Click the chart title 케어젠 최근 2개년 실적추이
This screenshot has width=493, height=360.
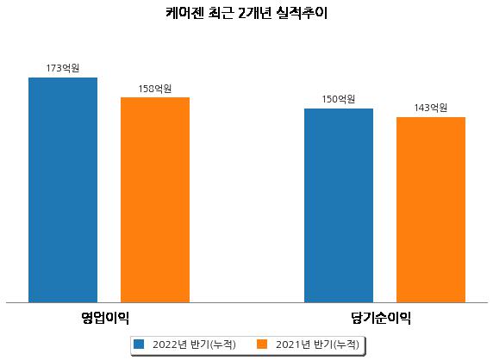tap(246, 13)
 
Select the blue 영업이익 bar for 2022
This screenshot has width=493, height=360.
tap(63, 190)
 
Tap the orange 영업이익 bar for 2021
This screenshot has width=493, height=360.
tap(155, 200)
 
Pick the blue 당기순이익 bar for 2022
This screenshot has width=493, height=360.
tap(339, 206)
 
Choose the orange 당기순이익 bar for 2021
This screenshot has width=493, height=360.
tap(431, 210)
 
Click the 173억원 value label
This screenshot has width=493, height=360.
tap(63, 68)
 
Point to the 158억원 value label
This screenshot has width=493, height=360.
tap(155, 89)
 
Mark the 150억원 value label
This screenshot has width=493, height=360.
tap(339, 99)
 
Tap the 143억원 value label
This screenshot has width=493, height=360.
tap(431, 108)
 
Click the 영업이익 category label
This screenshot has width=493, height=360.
tap(105, 318)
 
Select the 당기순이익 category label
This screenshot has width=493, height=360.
tap(381, 318)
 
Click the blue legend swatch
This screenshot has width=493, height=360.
tap(139, 344)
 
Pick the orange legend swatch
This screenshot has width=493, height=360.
tap(262, 344)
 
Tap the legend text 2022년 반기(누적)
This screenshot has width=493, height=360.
tap(194, 344)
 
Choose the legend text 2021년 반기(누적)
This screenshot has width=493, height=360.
tap(317, 344)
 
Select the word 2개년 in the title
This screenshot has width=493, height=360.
tap(254, 13)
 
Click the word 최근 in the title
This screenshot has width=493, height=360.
tap(221, 13)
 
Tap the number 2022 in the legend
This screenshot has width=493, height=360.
tap(165, 344)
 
